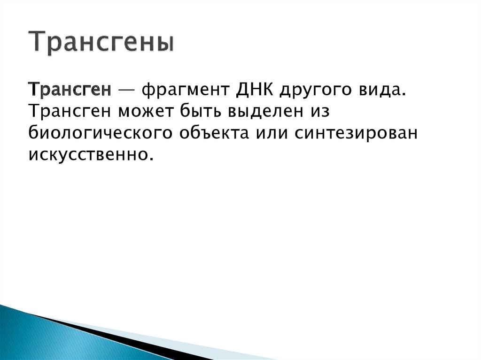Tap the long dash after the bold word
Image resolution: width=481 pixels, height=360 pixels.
tap(126, 89)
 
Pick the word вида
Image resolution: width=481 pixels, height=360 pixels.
tap(381, 89)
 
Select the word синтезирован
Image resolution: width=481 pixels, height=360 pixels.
tap(356, 133)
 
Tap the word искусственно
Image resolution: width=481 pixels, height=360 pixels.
tap(91, 154)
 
